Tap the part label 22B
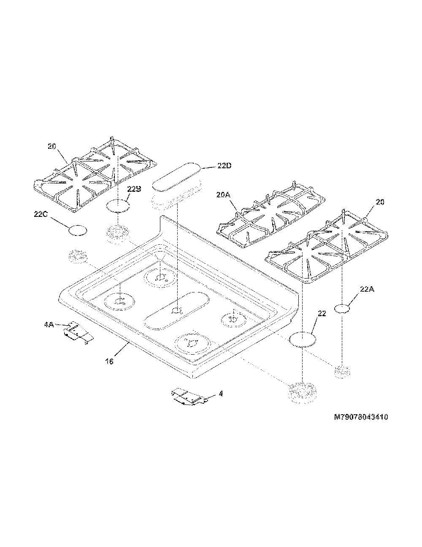click(134, 189)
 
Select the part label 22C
click(41, 214)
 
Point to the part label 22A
click(367, 290)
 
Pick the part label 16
click(110, 361)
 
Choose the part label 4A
click(49, 325)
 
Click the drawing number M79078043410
click(361, 417)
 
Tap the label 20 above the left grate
click(52, 146)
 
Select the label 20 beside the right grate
click(379, 202)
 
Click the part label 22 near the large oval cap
click(322, 314)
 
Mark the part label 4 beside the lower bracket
click(221, 394)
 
